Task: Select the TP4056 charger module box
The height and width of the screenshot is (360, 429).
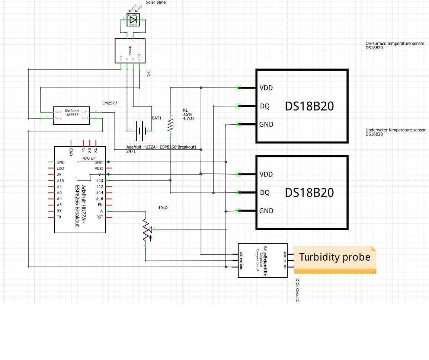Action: [x=130, y=51]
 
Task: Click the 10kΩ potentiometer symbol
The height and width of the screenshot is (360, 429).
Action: [x=146, y=230]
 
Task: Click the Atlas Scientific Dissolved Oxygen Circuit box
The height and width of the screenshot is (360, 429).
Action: [x=263, y=260]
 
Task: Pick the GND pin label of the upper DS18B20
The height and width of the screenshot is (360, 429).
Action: [x=266, y=124]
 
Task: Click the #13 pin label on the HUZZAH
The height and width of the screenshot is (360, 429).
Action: [x=99, y=181]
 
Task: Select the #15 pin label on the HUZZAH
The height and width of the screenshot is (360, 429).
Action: [x=60, y=181]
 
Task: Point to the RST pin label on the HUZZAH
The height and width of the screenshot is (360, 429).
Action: [x=99, y=217]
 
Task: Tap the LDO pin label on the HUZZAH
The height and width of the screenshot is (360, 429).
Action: [x=60, y=168]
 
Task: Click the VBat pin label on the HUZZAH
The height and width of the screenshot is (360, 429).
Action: [x=99, y=168]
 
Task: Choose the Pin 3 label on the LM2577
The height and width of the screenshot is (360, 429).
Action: [x=85, y=112]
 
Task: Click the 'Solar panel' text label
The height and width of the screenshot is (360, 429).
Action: [x=156, y=2]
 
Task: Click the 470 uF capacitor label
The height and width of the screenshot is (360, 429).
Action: [x=89, y=158]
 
